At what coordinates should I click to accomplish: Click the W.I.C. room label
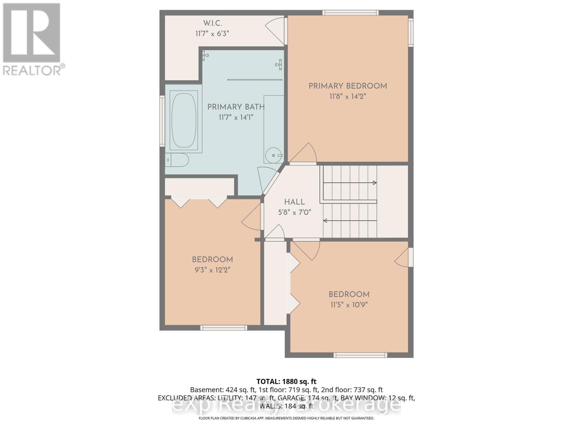(x=212, y=23)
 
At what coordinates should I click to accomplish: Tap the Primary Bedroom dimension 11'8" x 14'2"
(x=348, y=96)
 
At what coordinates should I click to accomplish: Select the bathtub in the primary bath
(x=184, y=120)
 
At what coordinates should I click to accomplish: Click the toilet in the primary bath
(x=177, y=160)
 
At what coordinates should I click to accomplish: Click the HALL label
(x=294, y=202)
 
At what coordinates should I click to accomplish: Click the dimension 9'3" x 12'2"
(x=212, y=270)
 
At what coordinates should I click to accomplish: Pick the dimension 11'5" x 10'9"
(x=349, y=305)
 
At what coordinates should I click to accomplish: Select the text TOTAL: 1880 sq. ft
(x=286, y=382)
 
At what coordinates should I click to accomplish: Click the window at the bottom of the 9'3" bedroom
(x=223, y=328)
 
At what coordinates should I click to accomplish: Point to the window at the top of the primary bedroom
(x=350, y=13)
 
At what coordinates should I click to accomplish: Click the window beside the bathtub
(x=162, y=121)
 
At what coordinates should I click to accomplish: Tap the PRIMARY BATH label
(x=236, y=107)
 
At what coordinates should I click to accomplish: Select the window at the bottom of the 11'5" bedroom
(x=360, y=355)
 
